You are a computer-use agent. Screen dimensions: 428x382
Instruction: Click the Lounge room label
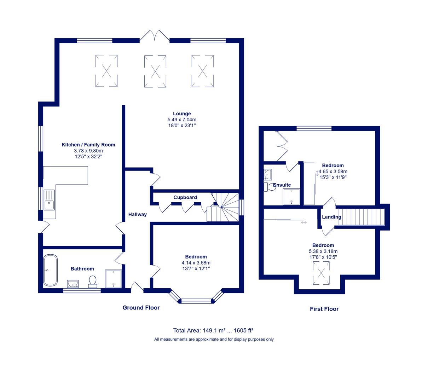[x=182, y=114]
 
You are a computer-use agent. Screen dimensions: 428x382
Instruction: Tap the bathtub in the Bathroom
[x=50, y=270]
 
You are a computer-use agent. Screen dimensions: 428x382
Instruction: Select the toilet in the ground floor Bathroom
[x=93, y=282]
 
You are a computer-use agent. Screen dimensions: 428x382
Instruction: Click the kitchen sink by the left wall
[x=49, y=200]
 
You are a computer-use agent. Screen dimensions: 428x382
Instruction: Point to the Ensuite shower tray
[x=291, y=197]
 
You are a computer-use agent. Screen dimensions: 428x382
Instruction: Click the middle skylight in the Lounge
[x=155, y=71]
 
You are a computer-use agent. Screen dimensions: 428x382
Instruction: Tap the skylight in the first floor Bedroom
[x=321, y=273]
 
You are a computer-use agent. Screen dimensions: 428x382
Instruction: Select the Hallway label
[x=138, y=214]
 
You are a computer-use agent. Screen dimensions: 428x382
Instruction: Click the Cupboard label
[x=185, y=197]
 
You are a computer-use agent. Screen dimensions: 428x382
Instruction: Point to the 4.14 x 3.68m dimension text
[x=196, y=262]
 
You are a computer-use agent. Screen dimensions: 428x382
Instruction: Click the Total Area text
[x=213, y=330]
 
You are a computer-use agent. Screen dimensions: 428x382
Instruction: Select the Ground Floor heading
[x=141, y=308]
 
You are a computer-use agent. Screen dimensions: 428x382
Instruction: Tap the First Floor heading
[x=324, y=309]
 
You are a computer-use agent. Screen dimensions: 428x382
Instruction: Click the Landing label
[x=331, y=217]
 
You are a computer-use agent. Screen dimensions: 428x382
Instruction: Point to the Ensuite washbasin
[x=268, y=174]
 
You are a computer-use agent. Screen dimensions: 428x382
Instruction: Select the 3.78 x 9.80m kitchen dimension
[x=88, y=151]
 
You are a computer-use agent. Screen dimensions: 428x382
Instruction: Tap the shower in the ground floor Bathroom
[x=114, y=279]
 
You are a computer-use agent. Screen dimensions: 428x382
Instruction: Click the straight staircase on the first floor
[x=362, y=217]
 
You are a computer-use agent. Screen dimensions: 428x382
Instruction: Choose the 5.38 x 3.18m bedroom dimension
[x=323, y=251]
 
